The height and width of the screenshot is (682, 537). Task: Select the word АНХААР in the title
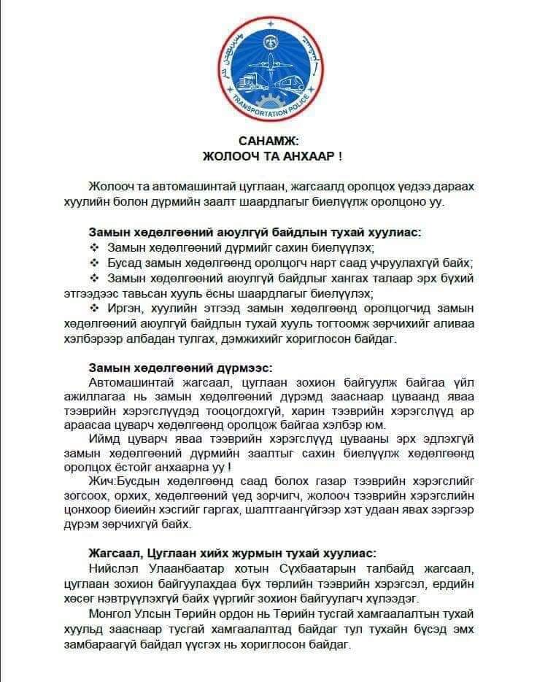(292, 156)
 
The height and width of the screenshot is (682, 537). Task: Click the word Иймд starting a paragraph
(103, 440)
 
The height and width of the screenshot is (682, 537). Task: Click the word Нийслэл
(113, 568)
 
